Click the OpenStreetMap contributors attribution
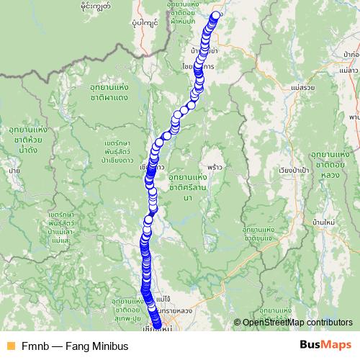point(294,323)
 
